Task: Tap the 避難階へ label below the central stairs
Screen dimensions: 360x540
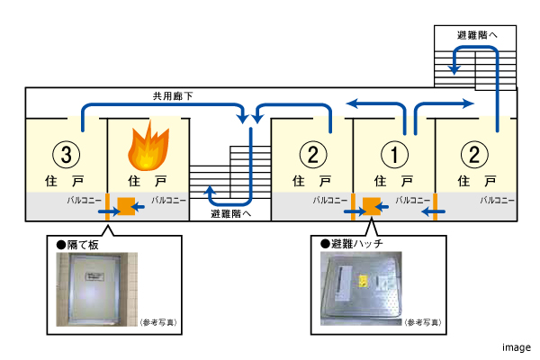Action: coord(229,213)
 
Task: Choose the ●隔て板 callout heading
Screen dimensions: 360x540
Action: coord(76,244)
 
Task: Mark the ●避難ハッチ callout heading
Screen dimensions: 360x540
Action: coord(351,244)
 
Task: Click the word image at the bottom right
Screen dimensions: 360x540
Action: coord(517,346)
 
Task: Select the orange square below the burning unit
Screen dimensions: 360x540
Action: coord(125,207)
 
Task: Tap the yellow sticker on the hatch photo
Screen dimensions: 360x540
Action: coord(364,280)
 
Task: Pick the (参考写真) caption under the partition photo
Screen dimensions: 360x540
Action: coord(152,320)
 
